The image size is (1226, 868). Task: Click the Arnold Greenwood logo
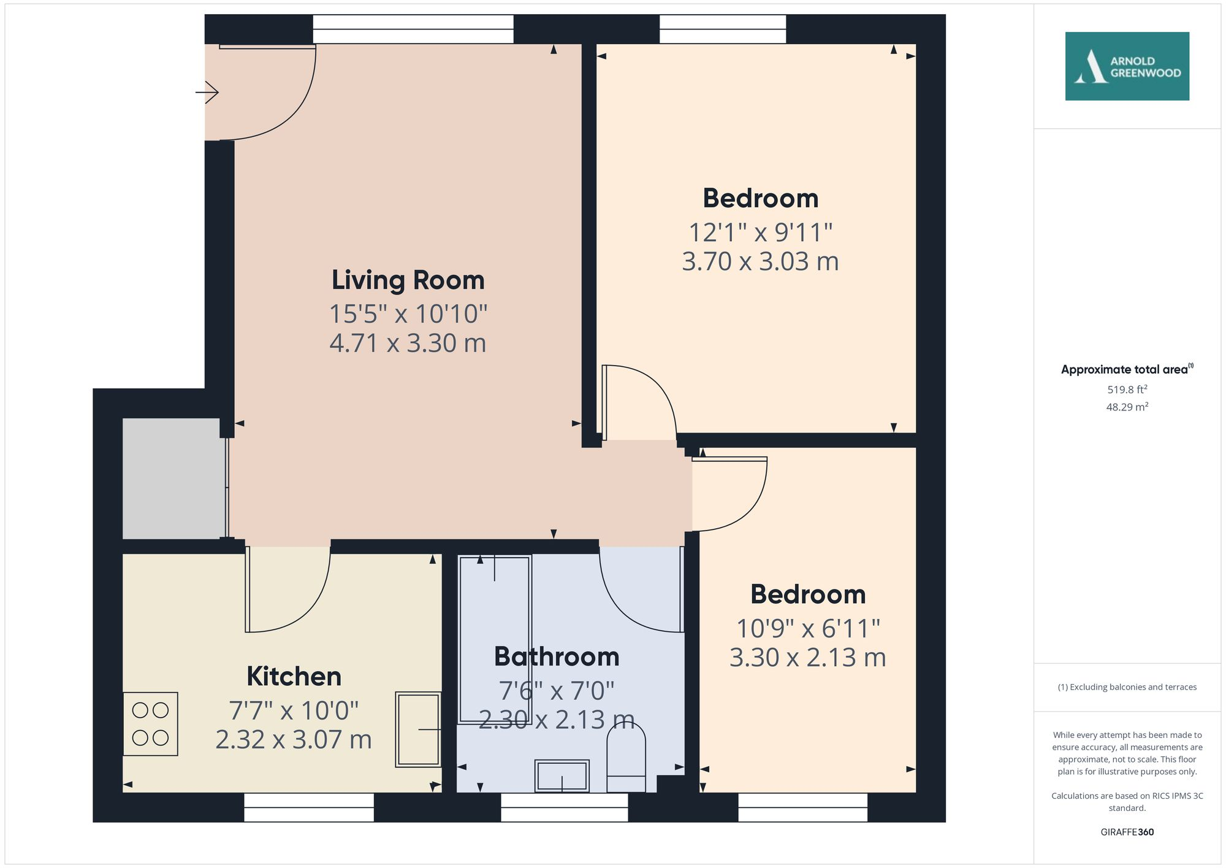click(1127, 66)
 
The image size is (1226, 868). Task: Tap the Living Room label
click(408, 280)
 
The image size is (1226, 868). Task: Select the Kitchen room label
click(294, 677)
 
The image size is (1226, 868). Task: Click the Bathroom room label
click(557, 657)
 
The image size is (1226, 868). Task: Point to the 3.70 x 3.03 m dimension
click(760, 262)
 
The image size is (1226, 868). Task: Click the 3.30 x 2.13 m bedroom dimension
click(807, 658)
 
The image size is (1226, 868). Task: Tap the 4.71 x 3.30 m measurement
click(408, 343)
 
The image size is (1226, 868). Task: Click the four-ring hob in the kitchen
click(150, 724)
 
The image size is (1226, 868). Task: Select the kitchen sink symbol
click(418, 729)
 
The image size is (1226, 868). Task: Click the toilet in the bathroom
click(626, 758)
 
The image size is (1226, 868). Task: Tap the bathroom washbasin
click(562, 776)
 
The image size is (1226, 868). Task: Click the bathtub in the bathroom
click(495, 638)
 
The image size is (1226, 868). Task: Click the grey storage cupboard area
click(173, 478)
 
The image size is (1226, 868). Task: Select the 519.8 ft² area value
click(1127, 390)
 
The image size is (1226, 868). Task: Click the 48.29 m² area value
click(1127, 407)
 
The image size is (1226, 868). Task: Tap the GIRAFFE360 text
click(1127, 832)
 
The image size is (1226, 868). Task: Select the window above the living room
click(413, 29)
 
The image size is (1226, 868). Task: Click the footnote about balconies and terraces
click(1127, 687)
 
